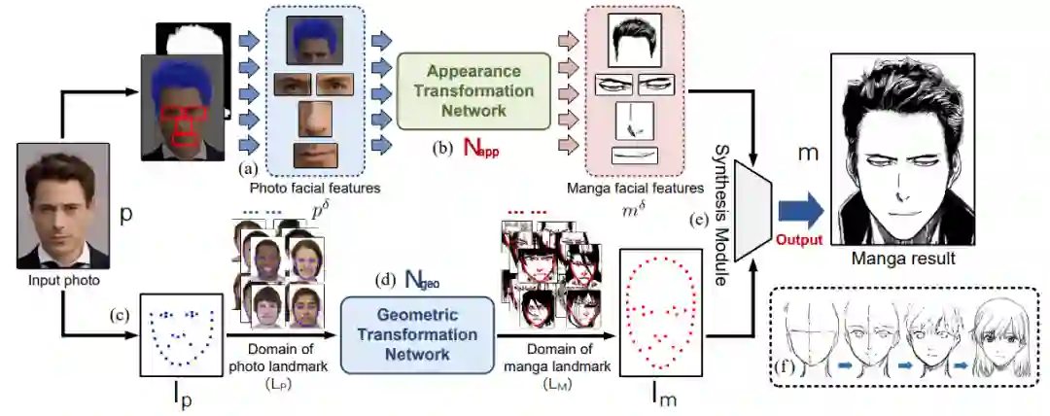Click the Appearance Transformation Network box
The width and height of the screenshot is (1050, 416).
click(473, 90)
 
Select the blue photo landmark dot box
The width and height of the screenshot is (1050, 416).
click(181, 333)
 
